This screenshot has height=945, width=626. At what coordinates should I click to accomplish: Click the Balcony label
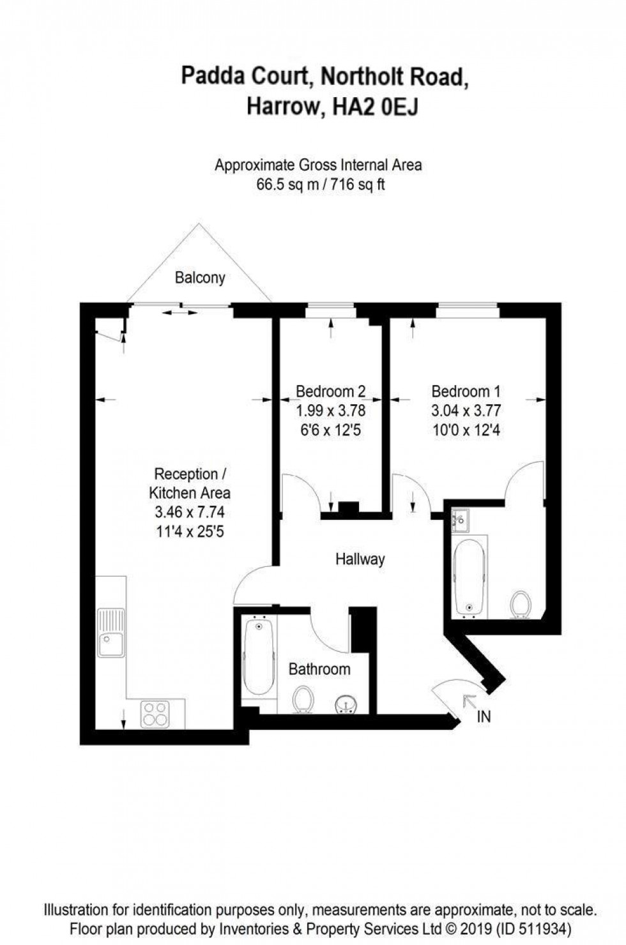pos(200,278)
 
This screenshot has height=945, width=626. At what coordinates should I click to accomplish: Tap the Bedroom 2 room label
pos(330,391)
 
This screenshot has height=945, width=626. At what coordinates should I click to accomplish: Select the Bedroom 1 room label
pos(466,391)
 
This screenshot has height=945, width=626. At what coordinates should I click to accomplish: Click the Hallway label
pos(360,559)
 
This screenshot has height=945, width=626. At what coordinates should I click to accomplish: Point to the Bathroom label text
pos(319,669)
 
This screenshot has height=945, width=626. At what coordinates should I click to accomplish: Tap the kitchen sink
pos(111,633)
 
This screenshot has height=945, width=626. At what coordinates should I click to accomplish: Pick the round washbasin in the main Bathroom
pos(347,703)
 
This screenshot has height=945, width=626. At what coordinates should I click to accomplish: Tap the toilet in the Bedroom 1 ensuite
pos(521,604)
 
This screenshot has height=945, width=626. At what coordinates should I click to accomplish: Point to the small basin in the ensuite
pos(459,520)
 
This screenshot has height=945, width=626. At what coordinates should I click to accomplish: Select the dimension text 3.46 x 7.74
pos(190,511)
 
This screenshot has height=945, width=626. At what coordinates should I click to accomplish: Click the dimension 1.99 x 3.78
pos(330,410)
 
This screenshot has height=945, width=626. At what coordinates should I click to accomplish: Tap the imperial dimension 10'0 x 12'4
pos(466,430)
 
